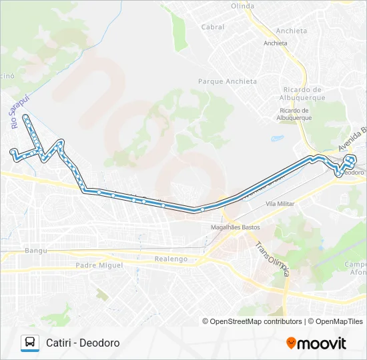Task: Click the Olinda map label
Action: pos(242,6)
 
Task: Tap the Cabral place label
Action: pos(212,27)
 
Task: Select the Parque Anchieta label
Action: pos(227,81)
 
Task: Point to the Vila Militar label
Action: pos(280,203)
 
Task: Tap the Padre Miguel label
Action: pos(99,265)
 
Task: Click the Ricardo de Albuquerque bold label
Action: pos(304,93)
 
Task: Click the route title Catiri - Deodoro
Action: pos(83,343)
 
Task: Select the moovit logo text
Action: pos(322,343)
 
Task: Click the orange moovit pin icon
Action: pos(291,343)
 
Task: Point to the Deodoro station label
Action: pos(353,172)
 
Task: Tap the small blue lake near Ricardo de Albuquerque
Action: pos(276,139)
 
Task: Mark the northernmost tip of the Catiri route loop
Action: pos(25,116)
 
